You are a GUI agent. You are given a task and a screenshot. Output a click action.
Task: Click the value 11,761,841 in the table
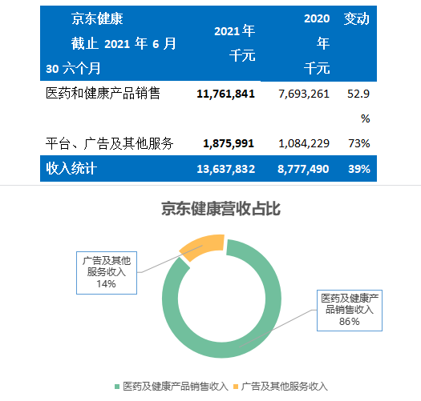click(x=225, y=94)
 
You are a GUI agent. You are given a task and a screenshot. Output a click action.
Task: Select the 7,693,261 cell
click(x=304, y=94)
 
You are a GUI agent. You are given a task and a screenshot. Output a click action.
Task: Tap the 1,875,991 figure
click(x=229, y=143)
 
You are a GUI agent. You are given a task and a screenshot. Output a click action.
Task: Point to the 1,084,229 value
click(x=304, y=143)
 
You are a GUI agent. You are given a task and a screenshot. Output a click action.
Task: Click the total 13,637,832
click(x=226, y=169)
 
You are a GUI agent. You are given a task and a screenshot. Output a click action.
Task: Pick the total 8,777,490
click(x=303, y=169)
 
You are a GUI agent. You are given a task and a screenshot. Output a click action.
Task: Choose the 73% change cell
click(x=359, y=143)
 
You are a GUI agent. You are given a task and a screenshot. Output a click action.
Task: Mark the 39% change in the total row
click(x=359, y=169)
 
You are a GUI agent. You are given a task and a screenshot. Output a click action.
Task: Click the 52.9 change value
click(x=358, y=94)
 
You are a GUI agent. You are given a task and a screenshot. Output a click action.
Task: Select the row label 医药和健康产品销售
click(x=103, y=94)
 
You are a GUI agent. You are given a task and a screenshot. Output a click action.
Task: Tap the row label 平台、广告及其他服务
click(x=109, y=143)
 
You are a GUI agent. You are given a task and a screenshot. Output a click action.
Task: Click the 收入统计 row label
click(x=71, y=169)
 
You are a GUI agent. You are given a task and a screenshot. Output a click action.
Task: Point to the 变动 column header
click(x=357, y=18)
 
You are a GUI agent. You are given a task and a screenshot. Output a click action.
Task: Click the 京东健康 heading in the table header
click(x=97, y=18)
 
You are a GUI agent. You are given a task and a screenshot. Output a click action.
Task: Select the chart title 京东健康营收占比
click(x=221, y=209)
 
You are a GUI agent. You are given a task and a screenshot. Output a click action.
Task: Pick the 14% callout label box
click(x=107, y=273)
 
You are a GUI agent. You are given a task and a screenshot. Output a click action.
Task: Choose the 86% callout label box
click(x=350, y=311)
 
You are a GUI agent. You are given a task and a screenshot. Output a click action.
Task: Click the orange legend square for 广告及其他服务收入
click(x=236, y=387)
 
